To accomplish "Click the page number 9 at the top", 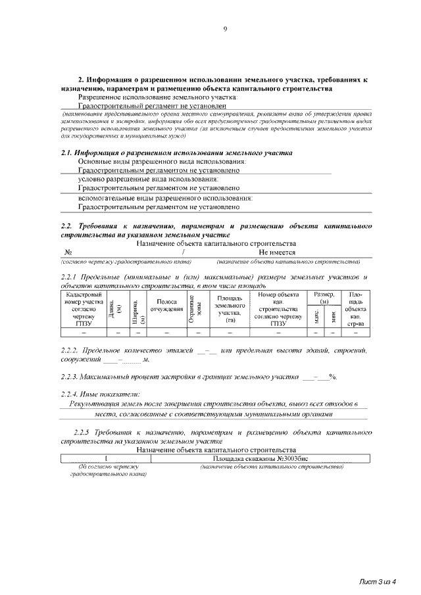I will pos(224,28).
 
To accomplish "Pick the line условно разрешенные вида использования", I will pos(148,179).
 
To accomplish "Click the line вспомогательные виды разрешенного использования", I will pos(165,198).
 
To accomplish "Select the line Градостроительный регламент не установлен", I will pos(152,105).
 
